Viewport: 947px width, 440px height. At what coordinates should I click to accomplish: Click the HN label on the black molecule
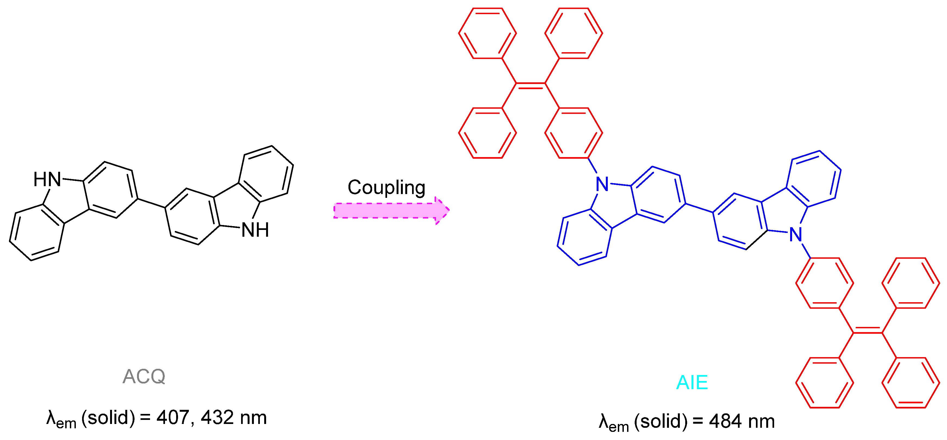(x=47, y=179)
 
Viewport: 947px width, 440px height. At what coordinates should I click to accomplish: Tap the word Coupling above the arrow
(x=386, y=188)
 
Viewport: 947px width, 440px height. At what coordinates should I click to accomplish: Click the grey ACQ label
(x=144, y=376)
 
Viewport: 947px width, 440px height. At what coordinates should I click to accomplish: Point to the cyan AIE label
(x=692, y=382)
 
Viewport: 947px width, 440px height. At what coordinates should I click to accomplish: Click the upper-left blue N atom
(x=602, y=184)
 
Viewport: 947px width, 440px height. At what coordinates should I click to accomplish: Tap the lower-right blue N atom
(x=796, y=235)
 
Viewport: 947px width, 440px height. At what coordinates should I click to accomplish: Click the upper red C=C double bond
(x=531, y=86)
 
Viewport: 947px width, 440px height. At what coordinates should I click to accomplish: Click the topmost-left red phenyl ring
(x=487, y=33)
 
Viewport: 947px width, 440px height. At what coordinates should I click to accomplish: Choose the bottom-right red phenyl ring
(x=911, y=383)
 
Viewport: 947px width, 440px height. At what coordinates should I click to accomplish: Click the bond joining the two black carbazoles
(x=151, y=203)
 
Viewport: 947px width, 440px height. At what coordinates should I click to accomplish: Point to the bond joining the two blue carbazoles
(x=699, y=208)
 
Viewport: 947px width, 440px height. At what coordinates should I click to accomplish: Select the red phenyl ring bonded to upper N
(x=574, y=133)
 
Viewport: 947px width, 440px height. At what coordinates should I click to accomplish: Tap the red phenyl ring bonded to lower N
(x=825, y=283)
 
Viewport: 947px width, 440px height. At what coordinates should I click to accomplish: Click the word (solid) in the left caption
(x=108, y=417)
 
